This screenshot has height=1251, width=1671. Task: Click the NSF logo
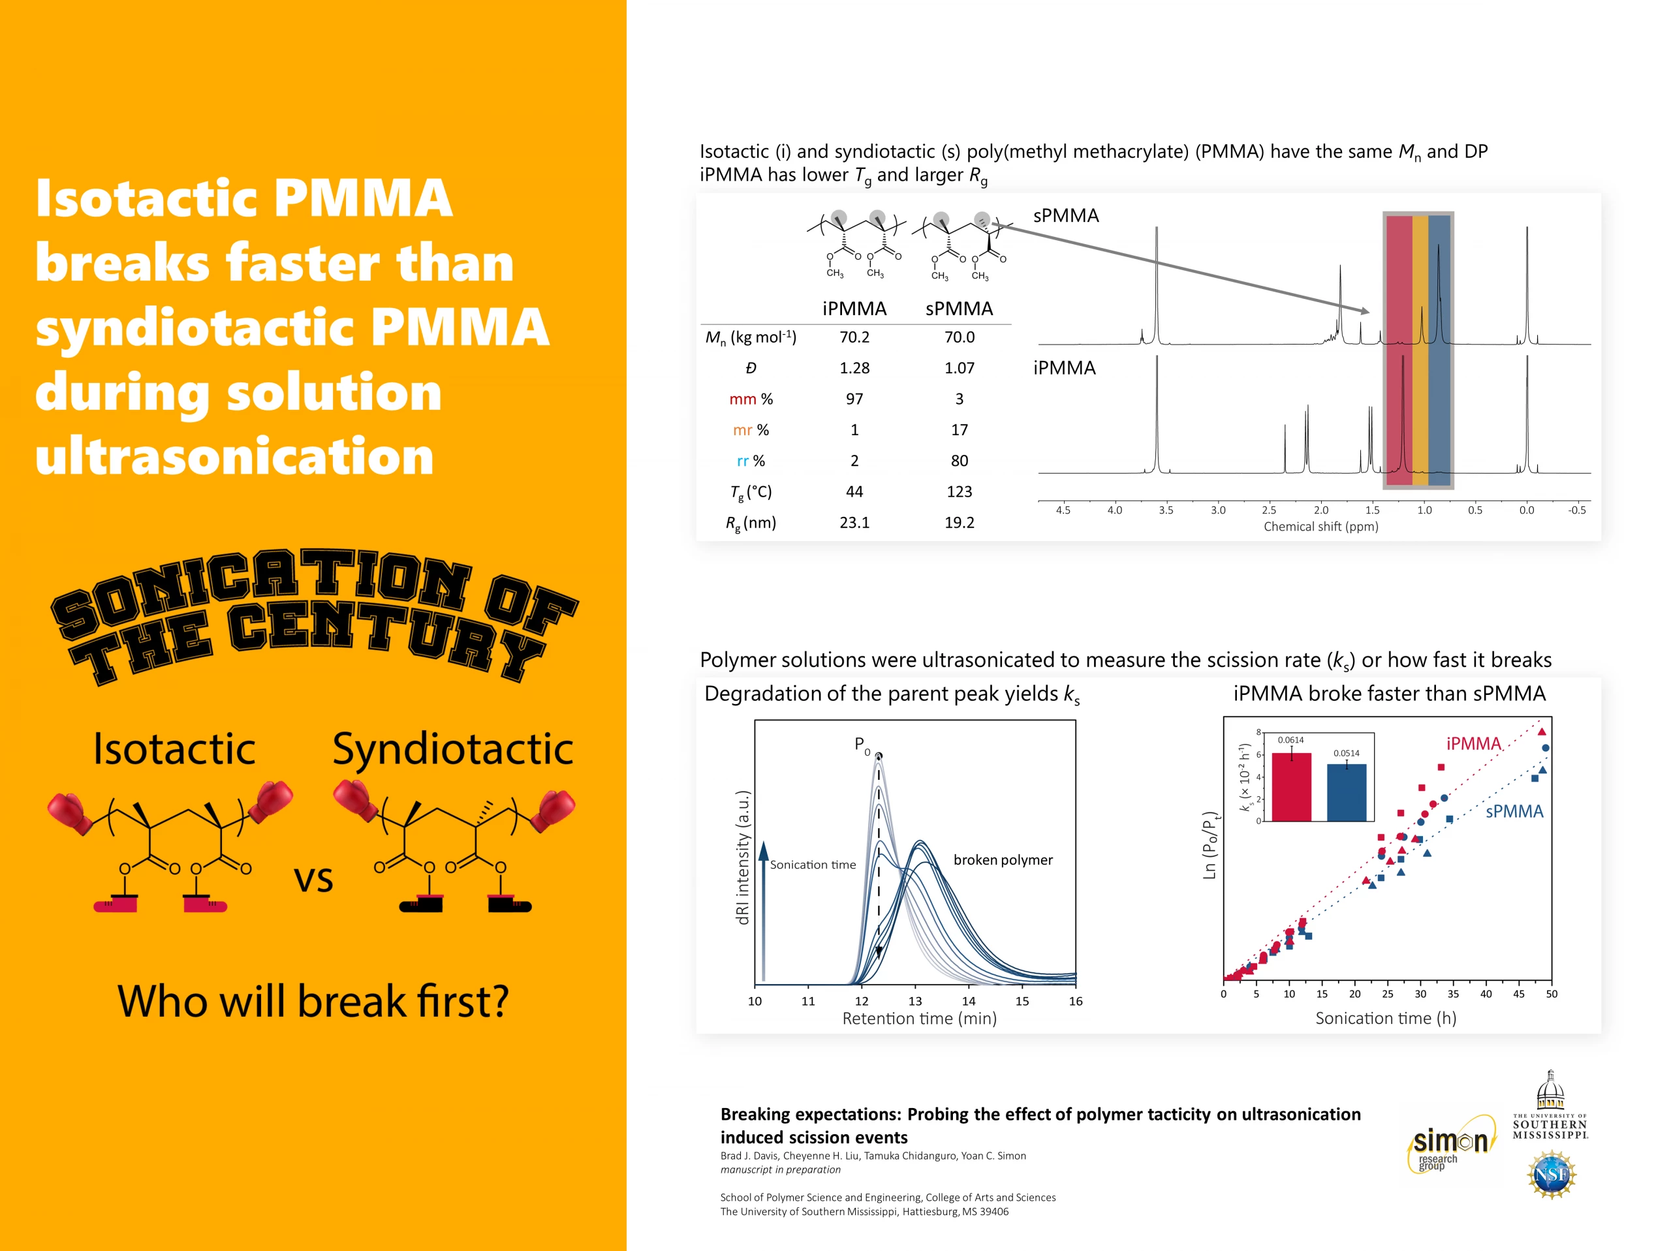click(x=1550, y=1175)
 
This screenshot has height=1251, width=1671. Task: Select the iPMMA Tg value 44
click(x=854, y=492)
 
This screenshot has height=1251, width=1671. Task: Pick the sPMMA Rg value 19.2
click(x=960, y=523)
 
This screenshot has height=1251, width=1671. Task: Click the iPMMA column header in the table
click(x=854, y=308)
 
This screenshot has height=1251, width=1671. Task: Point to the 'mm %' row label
click(x=751, y=399)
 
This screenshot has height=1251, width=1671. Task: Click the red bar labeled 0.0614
click(x=1292, y=786)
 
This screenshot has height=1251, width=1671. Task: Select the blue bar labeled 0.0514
click(x=1347, y=792)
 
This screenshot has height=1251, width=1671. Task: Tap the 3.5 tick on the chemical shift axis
click(x=1166, y=510)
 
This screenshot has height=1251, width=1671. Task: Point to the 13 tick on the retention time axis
click(x=915, y=1001)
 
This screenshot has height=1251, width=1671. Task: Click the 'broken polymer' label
click(x=1003, y=859)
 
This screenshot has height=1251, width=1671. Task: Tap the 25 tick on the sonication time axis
click(x=1388, y=994)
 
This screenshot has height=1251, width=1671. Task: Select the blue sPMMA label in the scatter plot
click(x=1514, y=811)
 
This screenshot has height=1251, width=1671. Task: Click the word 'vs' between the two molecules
click(x=313, y=879)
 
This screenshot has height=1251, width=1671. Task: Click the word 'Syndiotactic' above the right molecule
click(x=452, y=749)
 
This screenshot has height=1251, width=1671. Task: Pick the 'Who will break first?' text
click(x=313, y=1001)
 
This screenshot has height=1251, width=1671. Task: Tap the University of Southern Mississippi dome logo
click(x=1550, y=1104)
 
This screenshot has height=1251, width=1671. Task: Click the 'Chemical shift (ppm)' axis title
click(x=1321, y=527)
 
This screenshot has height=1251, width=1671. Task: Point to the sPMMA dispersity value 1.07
click(x=960, y=368)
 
